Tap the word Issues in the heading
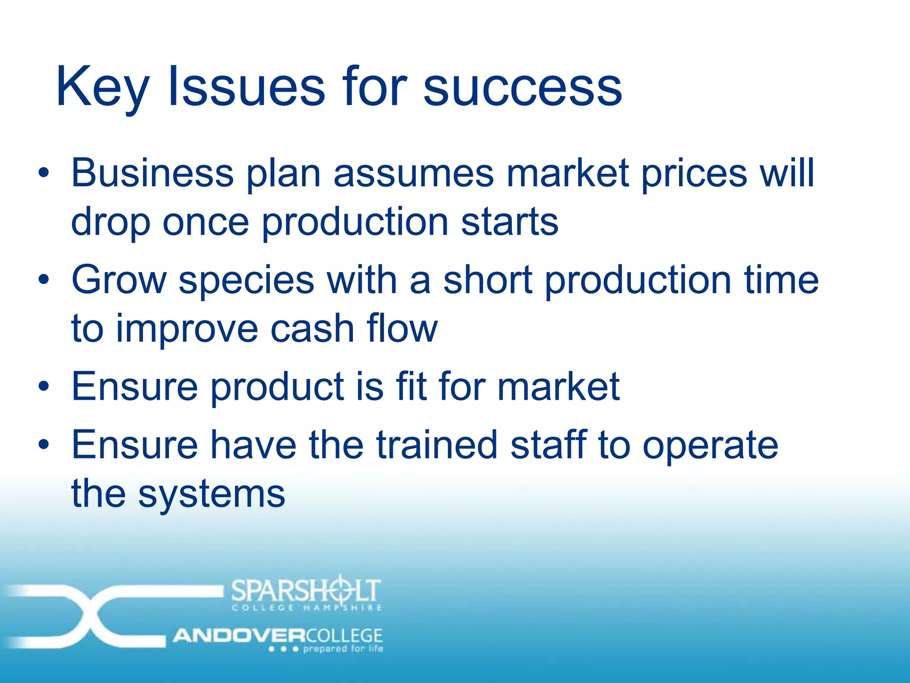tap(247, 87)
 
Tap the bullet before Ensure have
tap(43, 444)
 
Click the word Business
tap(152, 173)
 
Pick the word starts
tap(510, 222)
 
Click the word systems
tap(212, 494)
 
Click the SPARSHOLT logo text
tap(306, 591)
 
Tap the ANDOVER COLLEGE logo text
tap(278, 635)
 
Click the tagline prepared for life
tap(343, 649)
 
